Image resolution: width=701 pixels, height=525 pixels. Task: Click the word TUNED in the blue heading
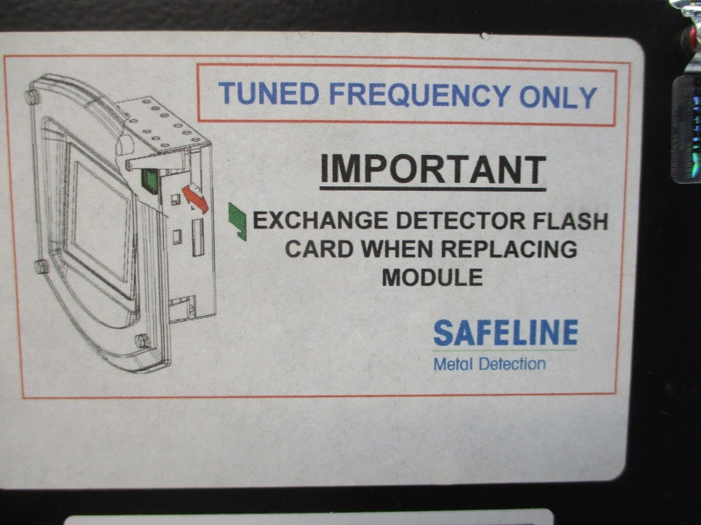point(269,94)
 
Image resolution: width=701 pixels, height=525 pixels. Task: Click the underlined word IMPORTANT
point(433,170)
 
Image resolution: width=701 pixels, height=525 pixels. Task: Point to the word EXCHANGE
point(321,220)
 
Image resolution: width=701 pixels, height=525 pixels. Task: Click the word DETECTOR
point(460,220)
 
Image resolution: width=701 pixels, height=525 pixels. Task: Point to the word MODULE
point(432,277)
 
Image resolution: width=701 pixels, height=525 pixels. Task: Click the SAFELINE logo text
point(506,332)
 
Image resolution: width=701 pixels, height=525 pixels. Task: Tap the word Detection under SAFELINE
point(512,364)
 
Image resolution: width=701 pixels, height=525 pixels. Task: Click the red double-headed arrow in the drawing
point(195,199)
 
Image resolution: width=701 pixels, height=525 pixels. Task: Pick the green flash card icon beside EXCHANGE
point(237,221)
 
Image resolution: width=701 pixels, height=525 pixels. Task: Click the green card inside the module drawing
point(150,181)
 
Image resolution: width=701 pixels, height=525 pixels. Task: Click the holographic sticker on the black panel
point(687,129)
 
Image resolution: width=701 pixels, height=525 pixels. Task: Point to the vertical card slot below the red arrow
point(198,237)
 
